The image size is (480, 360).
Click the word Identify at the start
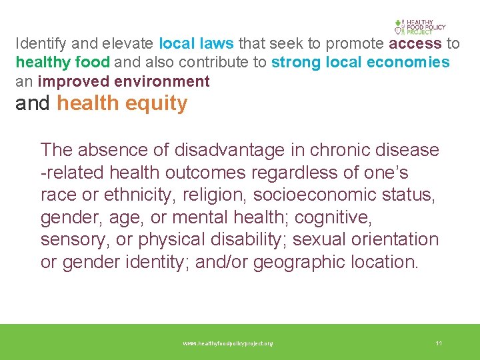tap(38, 44)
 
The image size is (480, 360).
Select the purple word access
tap(415, 44)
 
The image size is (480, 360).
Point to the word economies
tap(417, 63)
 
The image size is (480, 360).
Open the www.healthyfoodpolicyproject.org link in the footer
tap(228, 343)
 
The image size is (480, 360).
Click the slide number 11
tap(439, 343)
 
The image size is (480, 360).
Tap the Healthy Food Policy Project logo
tap(419, 27)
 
